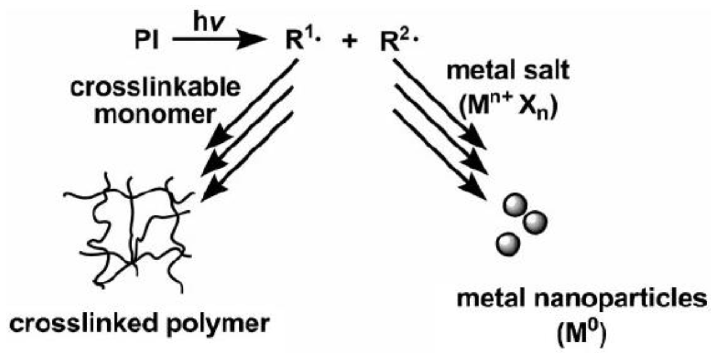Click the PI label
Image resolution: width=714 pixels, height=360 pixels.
(x=146, y=40)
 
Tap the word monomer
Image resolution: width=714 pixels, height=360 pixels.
(x=155, y=114)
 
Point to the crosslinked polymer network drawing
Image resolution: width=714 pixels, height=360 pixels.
(x=133, y=233)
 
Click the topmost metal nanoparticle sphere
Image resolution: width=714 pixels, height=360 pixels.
(x=515, y=205)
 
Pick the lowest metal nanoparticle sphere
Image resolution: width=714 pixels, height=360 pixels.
(x=508, y=244)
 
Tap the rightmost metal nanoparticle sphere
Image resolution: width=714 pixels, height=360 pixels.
(x=535, y=222)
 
